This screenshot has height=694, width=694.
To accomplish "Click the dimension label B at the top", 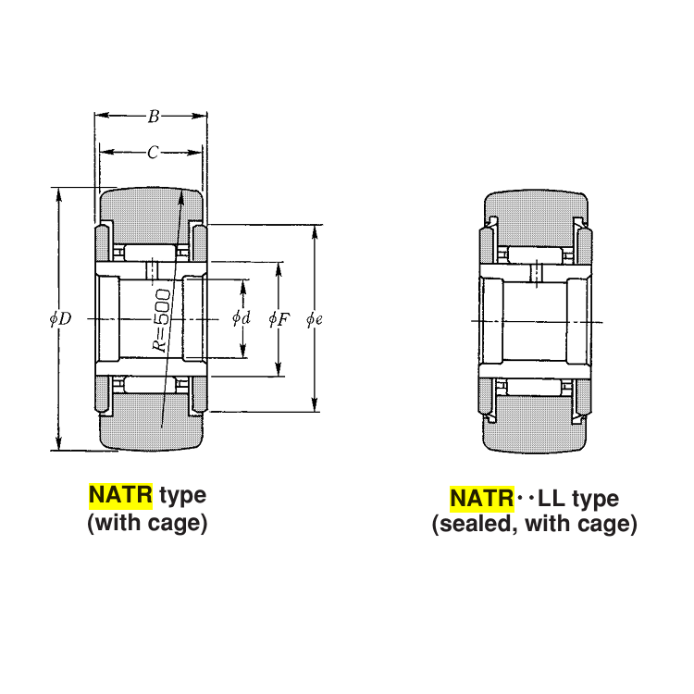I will [153, 117].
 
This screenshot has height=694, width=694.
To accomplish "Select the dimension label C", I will [153, 153].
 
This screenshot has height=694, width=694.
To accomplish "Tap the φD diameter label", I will [60, 318].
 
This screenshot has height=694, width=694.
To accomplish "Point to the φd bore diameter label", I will [242, 318].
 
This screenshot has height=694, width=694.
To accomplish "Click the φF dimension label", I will [279, 318].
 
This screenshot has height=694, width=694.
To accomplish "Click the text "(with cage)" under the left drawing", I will [147, 523].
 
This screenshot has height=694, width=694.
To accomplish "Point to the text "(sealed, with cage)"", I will [534, 525].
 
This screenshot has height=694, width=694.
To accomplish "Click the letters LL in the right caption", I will [551, 500].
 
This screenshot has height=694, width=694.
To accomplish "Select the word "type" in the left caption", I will [182, 495].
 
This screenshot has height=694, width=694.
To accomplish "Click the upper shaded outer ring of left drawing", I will [152, 208].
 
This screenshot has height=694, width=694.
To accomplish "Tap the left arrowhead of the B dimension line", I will [100, 117].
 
